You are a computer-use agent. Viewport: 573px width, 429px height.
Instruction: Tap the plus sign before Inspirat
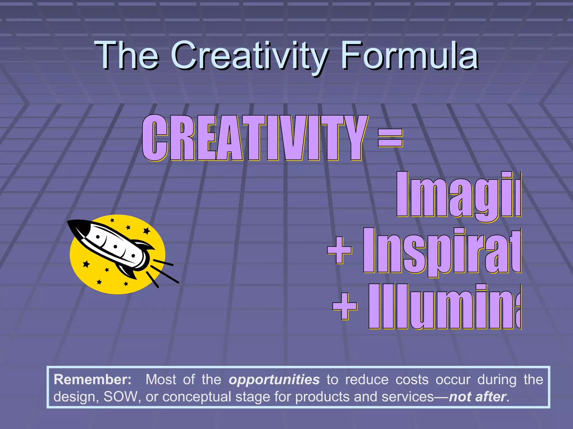pos(339,250)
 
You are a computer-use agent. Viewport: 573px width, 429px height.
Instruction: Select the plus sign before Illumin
pos(345,306)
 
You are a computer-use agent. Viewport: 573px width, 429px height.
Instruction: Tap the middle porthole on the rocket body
pos(115,247)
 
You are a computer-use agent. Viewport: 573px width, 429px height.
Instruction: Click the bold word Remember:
pos(92,380)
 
